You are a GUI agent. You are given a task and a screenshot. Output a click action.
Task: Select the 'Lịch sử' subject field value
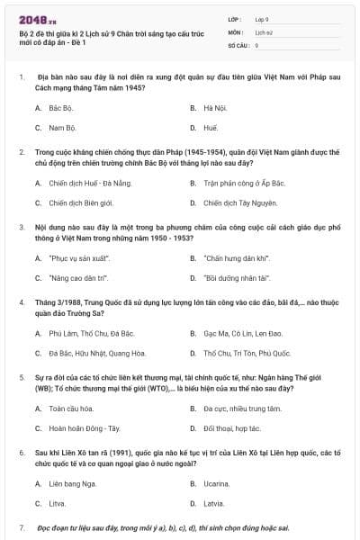coord(263,31)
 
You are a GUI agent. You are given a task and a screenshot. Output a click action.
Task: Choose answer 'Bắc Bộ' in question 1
coord(61,107)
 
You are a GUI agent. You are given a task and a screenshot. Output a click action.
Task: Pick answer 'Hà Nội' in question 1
coord(214,107)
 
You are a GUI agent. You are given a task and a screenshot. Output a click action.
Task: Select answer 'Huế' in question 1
coord(211,128)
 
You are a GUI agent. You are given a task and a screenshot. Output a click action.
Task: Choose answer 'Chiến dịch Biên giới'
coord(81,203)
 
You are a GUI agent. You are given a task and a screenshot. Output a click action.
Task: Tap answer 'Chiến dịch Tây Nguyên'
coord(239,203)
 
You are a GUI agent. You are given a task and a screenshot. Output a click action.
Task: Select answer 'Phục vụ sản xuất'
coord(76,258)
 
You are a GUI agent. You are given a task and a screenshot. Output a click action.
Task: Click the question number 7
coord(22,527)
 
